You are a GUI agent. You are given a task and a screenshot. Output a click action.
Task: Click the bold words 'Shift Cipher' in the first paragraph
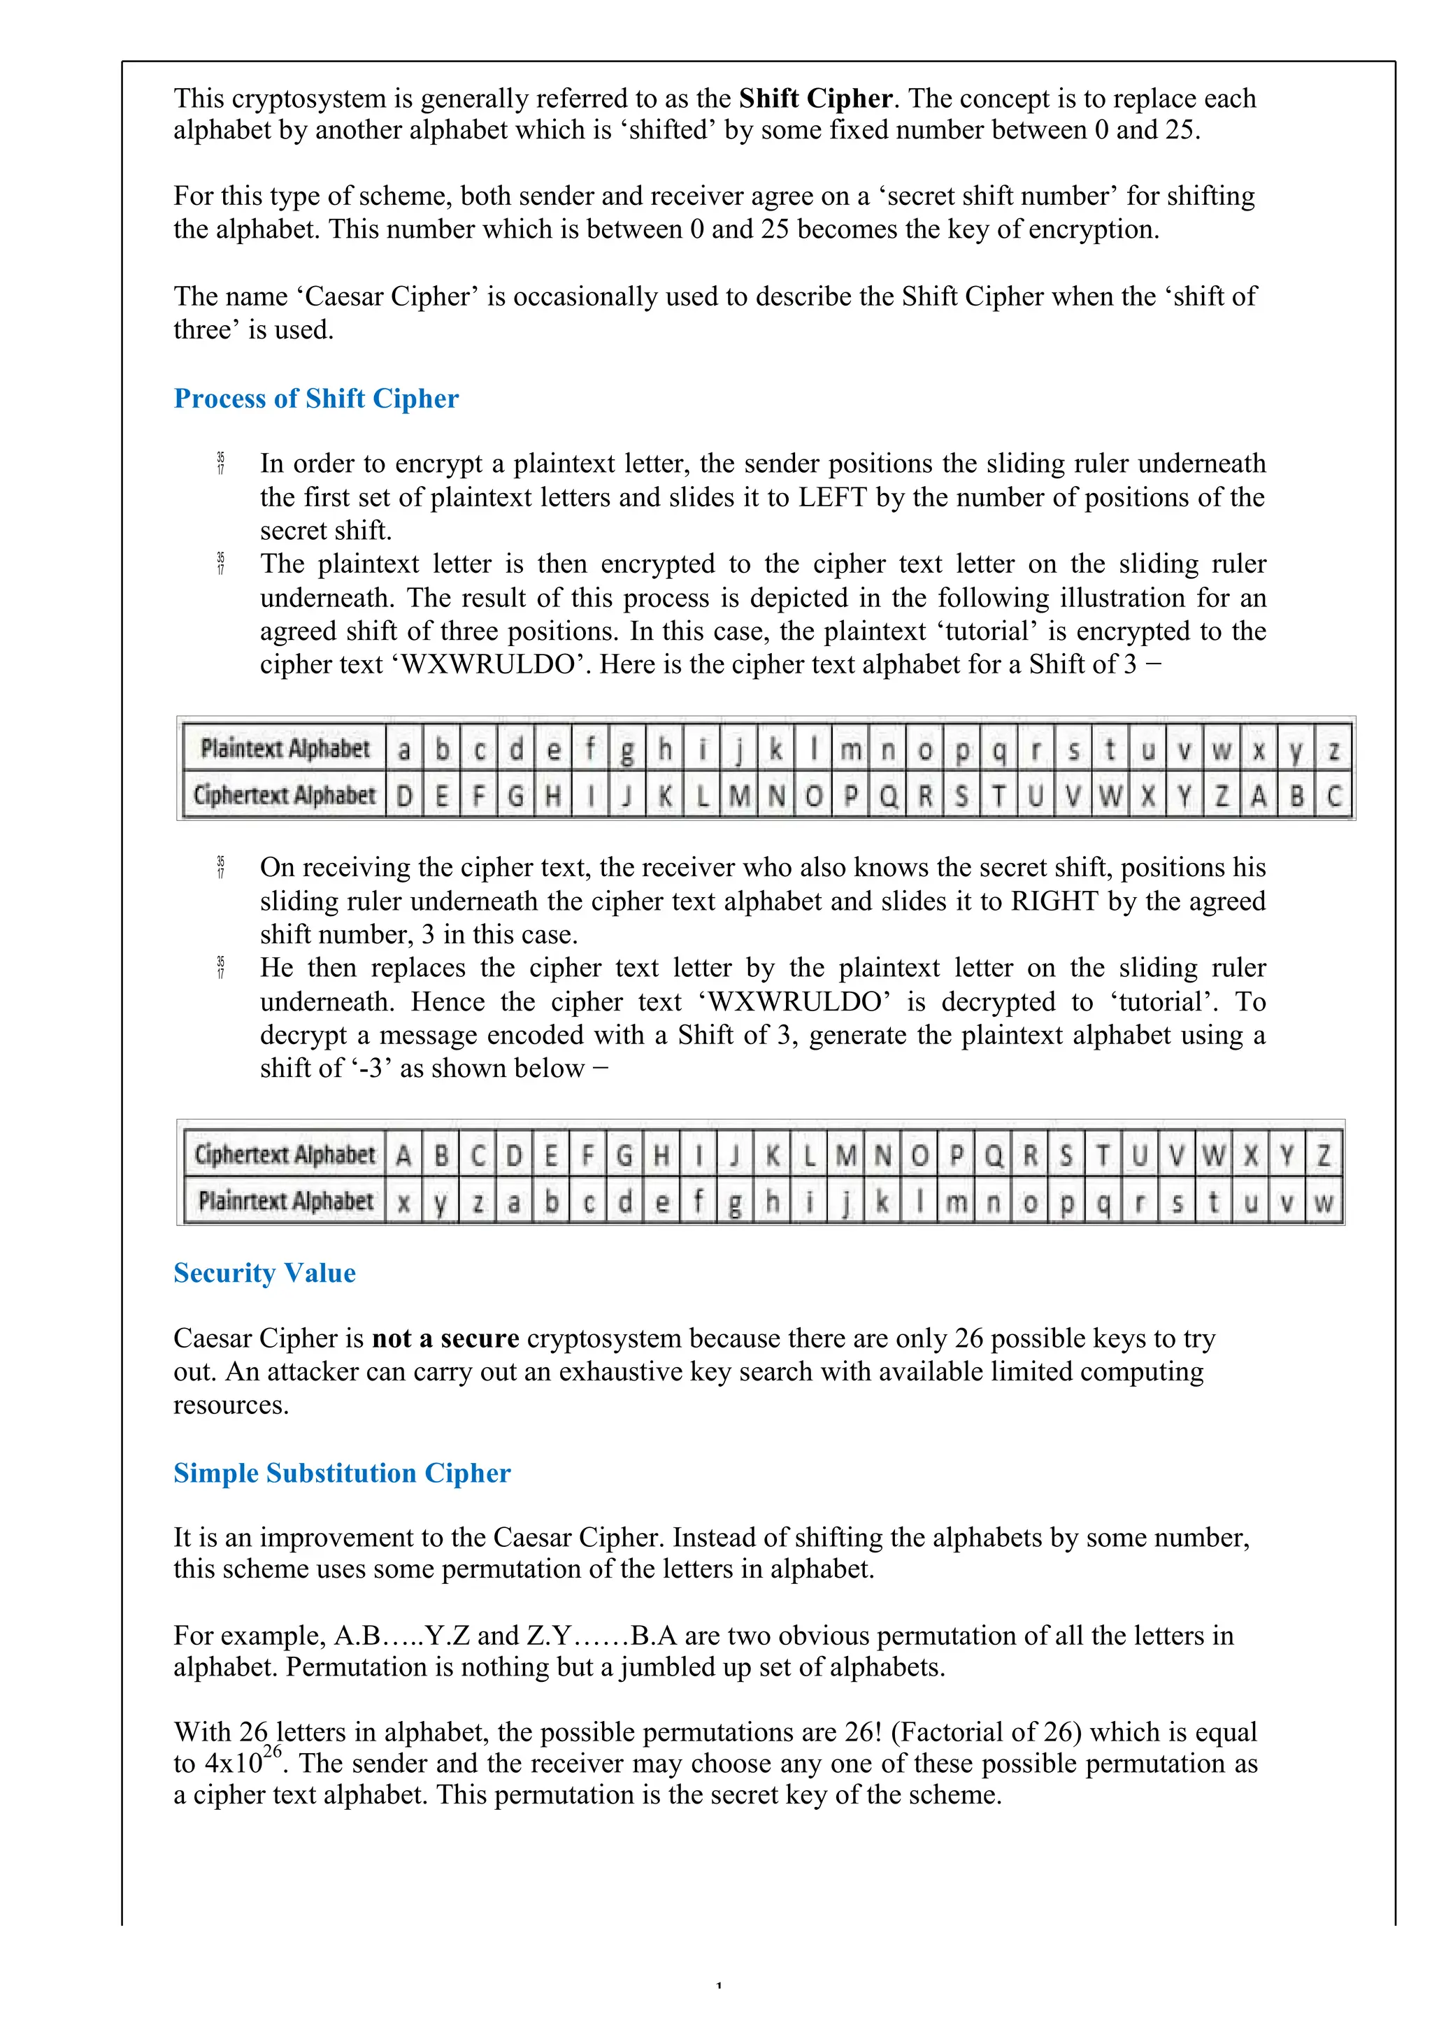pos(815,98)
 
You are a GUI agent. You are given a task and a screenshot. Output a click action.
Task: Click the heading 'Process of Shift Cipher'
pos(315,399)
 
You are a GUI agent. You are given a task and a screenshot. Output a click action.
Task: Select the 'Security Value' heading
pos(264,1273)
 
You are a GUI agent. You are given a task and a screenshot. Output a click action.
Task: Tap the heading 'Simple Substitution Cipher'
pos(342,1473)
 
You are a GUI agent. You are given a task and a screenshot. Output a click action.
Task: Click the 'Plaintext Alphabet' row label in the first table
pos(285,748)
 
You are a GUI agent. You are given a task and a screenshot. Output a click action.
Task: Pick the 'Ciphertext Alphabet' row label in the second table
pos(285,1155)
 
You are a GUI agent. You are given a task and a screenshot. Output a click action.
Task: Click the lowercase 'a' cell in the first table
pos(403,750)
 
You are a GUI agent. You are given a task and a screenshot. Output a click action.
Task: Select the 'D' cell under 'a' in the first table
pos(403,796)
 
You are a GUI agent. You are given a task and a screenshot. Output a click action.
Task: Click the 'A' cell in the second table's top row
pos(403,1155)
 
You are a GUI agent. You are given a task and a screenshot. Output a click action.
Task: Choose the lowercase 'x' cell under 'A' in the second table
pos(403,1202)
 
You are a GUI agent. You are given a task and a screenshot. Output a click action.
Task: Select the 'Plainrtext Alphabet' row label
pos(285,1201)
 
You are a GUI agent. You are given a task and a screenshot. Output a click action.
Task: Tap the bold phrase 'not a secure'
pos(445,1338)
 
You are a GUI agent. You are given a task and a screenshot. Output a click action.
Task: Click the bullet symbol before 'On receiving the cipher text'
pos(221,867)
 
